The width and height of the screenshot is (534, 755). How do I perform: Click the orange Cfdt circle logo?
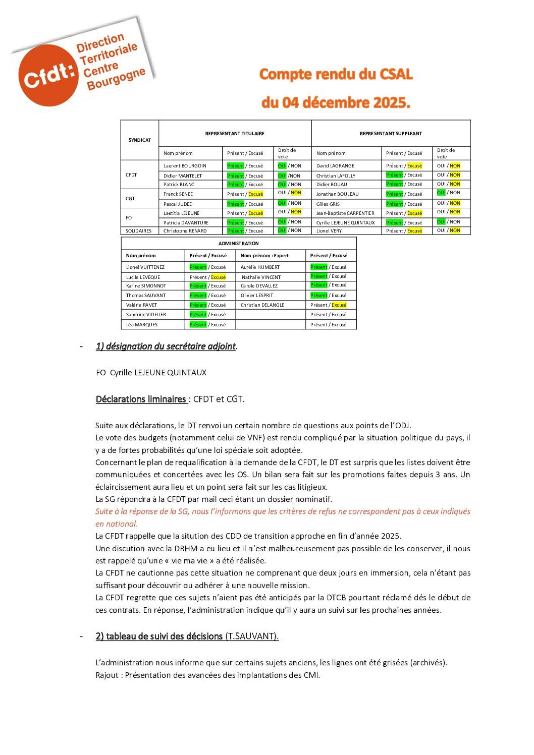tap(49, 75)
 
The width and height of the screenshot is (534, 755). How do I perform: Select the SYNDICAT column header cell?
tap(140, 140)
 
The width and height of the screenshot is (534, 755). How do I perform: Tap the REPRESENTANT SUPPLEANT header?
tap(391, 134)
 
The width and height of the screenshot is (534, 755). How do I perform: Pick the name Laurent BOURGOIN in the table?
tap(185, 166)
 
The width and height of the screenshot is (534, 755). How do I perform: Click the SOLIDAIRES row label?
tap(138, 231)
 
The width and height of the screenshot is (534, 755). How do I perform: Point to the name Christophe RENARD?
tap(185, 231)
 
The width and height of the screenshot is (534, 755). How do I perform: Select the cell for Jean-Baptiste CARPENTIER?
tap(345, 213)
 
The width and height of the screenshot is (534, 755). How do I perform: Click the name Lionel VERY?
tap(329, 231)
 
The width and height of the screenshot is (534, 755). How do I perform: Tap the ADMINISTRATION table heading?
tap(238, 244)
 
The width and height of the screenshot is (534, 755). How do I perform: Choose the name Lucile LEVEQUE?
tap(143, 277)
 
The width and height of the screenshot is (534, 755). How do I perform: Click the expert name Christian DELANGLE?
tap(262, 305)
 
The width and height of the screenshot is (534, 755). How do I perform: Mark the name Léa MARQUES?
tap(141, 325)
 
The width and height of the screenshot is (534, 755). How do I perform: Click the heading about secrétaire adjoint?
tap(166, 346)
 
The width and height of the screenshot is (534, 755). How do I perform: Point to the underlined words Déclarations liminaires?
tap(141, 399)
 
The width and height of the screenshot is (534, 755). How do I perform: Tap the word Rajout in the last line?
tap(106, 675)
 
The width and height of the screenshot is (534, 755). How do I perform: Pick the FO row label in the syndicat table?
tap(129, 218)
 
